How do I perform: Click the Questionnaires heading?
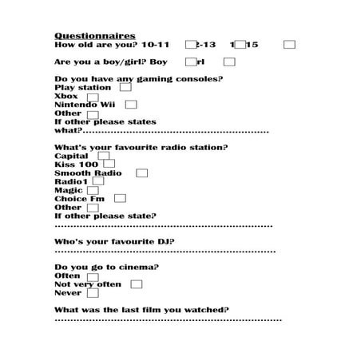click(x=95, y=36)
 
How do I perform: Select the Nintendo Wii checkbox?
click(x=131, y=105)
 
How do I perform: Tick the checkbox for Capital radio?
click(x=103, y=157)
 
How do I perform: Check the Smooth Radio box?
click(x=142, y=173)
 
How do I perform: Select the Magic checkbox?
click(x=93, y=190)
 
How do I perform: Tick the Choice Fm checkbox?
click(x=120, y=198)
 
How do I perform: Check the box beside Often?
click(x=93, y=276)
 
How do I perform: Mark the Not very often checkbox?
click(x=137, y=284)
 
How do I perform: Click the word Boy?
click(x=158, y=61)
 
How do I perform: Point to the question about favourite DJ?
click(x=115, y=241)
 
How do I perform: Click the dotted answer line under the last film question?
click(x=168, y=319)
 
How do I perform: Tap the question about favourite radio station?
click(x=141, y=147)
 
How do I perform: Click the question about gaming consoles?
click(x=138, y=79)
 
